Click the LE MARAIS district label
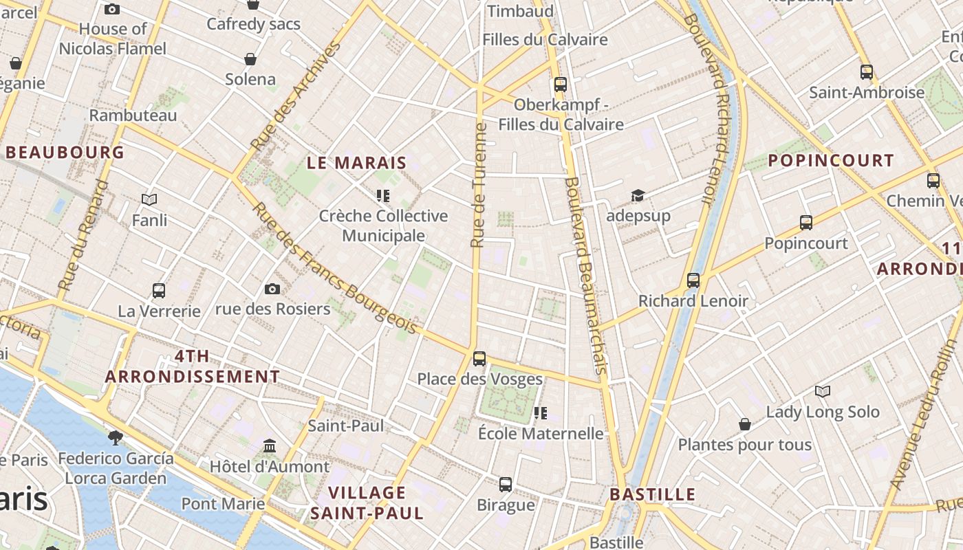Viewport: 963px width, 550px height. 357,164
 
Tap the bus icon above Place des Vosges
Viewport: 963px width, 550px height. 479,359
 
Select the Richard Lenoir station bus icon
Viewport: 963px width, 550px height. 693,280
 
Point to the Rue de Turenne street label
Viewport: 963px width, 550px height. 479,184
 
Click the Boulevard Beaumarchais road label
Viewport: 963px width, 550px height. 586,275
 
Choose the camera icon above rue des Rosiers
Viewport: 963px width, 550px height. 272,289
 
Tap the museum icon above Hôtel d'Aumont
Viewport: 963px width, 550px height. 270,446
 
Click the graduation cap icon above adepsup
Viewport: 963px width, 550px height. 638,196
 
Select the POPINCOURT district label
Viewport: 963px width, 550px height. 831,161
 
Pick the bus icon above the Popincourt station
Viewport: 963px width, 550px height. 806,223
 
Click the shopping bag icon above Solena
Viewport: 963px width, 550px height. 250,59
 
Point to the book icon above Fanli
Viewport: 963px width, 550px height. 149,200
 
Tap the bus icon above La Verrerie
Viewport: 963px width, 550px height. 159,290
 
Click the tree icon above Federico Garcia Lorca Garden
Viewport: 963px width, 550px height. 116,437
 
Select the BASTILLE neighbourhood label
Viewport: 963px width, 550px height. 653,494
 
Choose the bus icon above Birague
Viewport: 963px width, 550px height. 506,485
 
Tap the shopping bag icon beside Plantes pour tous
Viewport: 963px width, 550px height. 745,424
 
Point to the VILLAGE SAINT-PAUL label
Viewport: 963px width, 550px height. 367,503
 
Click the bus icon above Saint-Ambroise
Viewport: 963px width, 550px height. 867,71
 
